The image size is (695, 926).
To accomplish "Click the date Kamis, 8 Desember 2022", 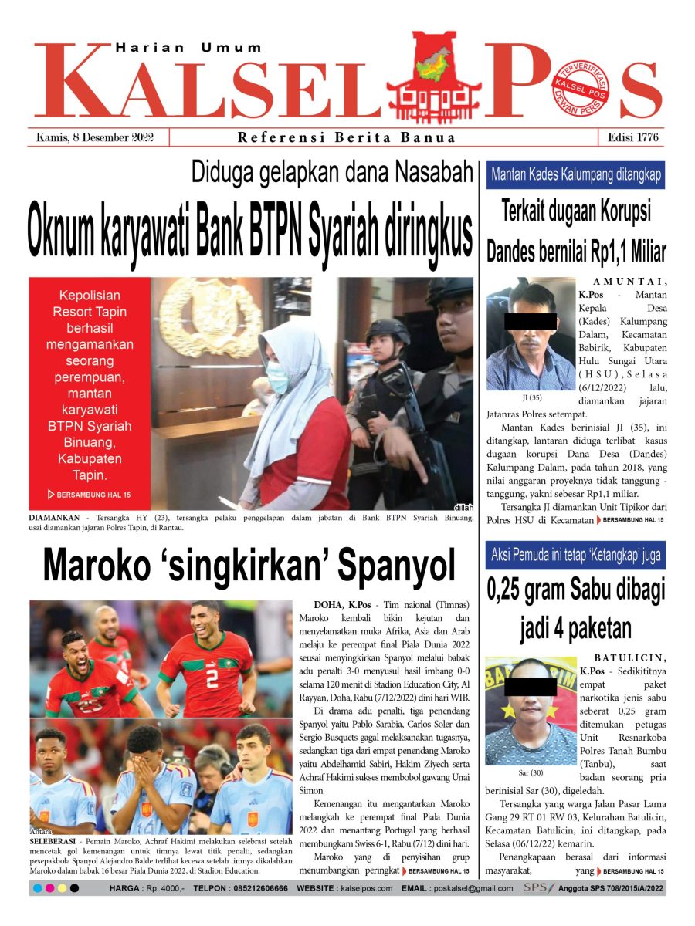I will point(95,138).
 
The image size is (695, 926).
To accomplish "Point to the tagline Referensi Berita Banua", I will point(346,138).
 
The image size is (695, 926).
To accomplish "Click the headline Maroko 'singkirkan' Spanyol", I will point(249,566).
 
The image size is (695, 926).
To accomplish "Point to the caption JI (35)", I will point(532,398).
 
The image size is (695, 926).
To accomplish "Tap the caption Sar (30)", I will point(531,771).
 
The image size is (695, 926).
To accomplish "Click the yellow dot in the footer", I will point(62,888).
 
